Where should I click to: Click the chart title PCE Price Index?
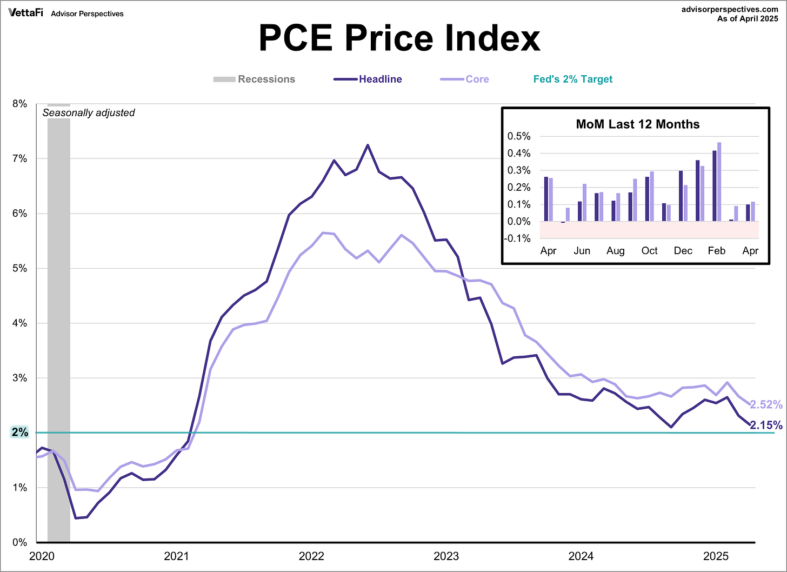[x=399, y=38]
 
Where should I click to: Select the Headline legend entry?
[x=380, y=79]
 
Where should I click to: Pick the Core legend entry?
[x=477, y=79]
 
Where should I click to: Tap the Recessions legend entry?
[x=266, y=79]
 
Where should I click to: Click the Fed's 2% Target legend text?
[x=572, y=79]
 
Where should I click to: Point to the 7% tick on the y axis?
[x=19, y=158]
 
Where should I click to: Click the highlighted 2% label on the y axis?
[x=19, y=432]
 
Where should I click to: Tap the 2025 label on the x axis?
[x=716, y=556]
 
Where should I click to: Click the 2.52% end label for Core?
[x=766, y=404]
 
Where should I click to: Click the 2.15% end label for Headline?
[x=766, y=425]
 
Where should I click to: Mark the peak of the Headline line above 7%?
[x=368, y=145]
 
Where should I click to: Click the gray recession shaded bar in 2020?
[x=59, y=324]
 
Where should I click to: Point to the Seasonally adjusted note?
[x=89, y=113]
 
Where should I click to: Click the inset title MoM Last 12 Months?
[x=637, y=124]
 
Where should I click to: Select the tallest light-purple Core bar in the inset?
[x=719, y=181]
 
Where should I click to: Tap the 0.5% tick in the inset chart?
[x=518, y=136]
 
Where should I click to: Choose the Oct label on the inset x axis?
[x=649, y=251]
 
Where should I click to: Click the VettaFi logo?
[x=25, y=13]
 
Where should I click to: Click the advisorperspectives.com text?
[x=730, y=9]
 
